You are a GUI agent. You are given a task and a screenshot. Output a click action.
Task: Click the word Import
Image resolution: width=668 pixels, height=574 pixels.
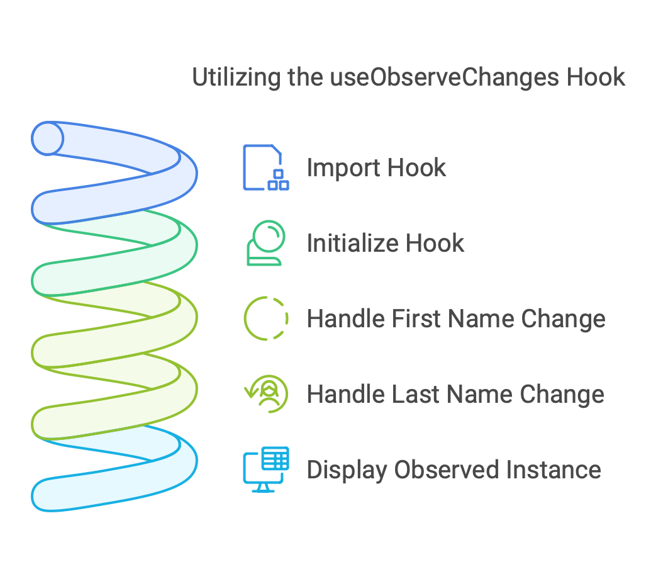coord(343,168)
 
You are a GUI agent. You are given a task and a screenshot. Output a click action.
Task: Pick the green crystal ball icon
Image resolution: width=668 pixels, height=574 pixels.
coord(265,243)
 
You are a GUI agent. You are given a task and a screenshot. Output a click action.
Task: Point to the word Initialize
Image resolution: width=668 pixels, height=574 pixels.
coord(353,244)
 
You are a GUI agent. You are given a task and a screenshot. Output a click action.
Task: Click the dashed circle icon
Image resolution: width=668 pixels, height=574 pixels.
coord(265,318)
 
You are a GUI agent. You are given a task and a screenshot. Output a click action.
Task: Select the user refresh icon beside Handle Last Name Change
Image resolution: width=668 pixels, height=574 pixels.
coord(266,394)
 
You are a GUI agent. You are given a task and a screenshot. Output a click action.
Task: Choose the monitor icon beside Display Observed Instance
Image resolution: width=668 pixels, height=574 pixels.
coord(265,470)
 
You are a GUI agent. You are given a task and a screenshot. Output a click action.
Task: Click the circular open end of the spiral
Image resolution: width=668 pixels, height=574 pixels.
coord(48,138)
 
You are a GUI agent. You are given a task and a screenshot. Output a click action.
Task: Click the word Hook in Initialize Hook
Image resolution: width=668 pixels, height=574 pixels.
coord(435,244)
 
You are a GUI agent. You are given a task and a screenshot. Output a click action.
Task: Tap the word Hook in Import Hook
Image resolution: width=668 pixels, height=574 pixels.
coord(417,168)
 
